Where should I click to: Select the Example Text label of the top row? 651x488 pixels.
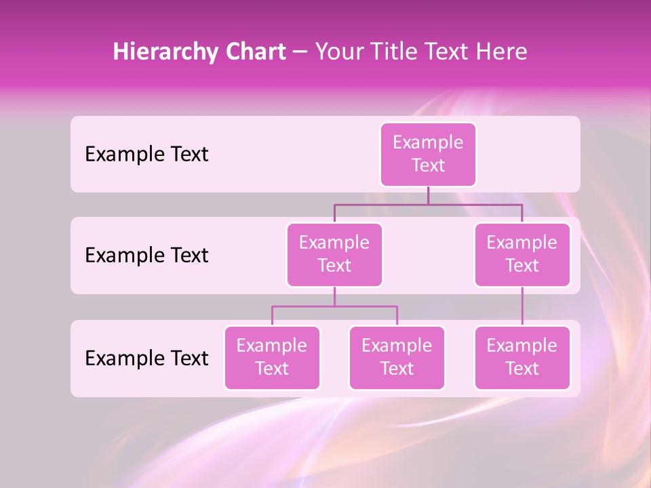tap(146, 155)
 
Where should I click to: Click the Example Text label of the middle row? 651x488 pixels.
tap(146, 256)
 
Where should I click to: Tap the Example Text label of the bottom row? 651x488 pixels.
tap(146, 359)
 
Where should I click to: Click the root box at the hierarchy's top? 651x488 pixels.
tap(428, 155)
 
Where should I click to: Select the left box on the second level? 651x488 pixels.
tap(334, 255)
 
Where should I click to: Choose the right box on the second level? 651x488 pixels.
tap(522, 255)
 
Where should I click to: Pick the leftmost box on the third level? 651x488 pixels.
tap(272, 358)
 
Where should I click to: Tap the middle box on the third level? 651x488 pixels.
tap(397, 358)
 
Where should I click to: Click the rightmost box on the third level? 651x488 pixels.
tap(522, 358)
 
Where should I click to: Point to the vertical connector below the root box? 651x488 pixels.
tap(428, 195)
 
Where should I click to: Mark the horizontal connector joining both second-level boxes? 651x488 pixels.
tap(475, 203)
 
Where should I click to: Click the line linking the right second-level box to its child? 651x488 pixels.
tap(522, 306)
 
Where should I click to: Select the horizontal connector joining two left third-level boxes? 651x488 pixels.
tap(366, 306)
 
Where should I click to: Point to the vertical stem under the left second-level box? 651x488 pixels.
tap(334, 296)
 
